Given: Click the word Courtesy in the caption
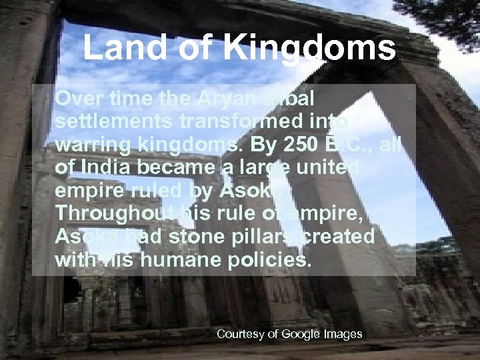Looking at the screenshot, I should pos(241,334).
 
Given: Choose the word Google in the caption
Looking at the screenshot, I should pos(299,334).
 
